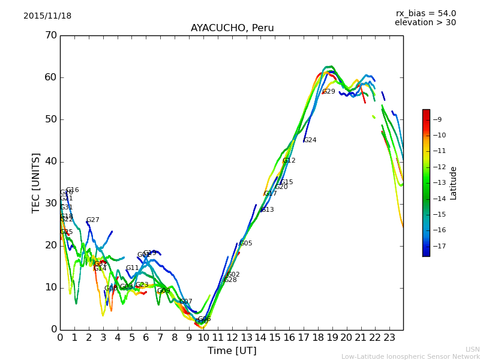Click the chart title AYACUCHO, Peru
232,28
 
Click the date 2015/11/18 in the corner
47,16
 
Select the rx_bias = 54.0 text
425,14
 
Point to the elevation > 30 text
425,23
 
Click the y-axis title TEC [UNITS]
36,182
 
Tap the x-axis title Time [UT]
232,351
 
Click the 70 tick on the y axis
50,35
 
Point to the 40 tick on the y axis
50,161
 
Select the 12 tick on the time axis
232,337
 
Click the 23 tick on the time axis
389,337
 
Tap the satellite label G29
329,92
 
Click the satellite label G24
310,140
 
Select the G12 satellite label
289,161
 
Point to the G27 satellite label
92,220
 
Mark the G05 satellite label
246,244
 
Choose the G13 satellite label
267,210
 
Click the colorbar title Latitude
454,183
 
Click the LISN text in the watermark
473,349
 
